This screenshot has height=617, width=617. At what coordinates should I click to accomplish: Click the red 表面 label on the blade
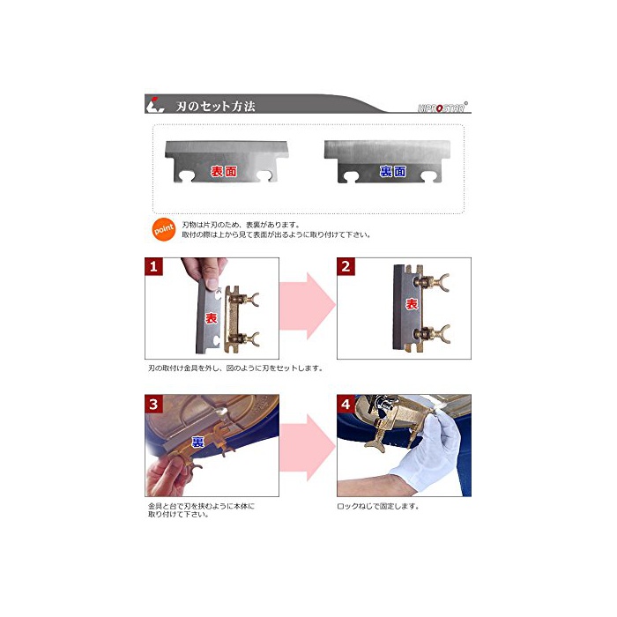(224, 171)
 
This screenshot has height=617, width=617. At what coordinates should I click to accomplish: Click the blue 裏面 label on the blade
(393, 171)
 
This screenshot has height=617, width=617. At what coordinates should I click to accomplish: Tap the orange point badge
(164, 229)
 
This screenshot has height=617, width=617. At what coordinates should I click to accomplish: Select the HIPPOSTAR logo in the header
(442, 107)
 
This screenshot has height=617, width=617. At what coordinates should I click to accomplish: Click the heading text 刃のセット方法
(216, 106)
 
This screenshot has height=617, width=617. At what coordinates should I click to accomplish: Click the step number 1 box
(154, 267)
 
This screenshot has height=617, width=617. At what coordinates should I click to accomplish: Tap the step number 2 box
(346, 267)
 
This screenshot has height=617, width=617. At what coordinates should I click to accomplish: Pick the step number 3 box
(154, 404)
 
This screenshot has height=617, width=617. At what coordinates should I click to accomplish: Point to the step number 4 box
(346, 404)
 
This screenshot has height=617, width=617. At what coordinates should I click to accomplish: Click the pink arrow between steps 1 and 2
(308, 306)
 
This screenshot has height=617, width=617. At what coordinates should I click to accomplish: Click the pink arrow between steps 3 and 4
(308, 448)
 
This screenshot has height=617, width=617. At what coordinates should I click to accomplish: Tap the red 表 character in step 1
(212, 318)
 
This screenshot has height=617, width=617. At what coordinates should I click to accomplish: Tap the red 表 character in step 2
(412, 304)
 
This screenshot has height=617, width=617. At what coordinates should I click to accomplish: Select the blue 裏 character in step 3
(197, 442)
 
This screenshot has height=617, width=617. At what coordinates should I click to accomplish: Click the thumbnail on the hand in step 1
(212, 284)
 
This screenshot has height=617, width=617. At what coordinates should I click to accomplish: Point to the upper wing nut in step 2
(434, 282)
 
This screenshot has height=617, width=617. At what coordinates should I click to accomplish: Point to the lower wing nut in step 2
(434, 334)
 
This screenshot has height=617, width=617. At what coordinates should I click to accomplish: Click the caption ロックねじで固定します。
(378, 506)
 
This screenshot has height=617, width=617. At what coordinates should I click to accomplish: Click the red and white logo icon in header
(154, 105)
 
